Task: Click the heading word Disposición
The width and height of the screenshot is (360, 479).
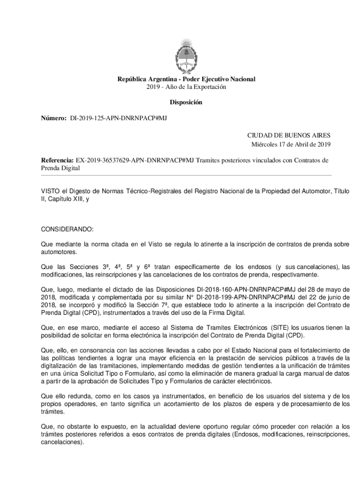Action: (x=186, y=102)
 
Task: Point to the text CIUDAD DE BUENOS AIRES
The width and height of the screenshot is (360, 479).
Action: (x=288, y=135)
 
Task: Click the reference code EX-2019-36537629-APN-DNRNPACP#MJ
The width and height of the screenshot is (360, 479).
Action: (x=135, y=160)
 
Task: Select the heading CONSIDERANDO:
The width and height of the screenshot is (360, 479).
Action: (x=68, y=229)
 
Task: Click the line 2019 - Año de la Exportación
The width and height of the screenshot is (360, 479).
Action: (x=186, y=87)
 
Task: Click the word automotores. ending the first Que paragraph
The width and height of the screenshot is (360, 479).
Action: (x=59, y=252)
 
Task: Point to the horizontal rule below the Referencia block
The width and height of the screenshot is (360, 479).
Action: (x=186, y=175)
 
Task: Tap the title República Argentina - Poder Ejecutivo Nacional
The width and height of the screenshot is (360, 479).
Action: (x=186, y=79)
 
